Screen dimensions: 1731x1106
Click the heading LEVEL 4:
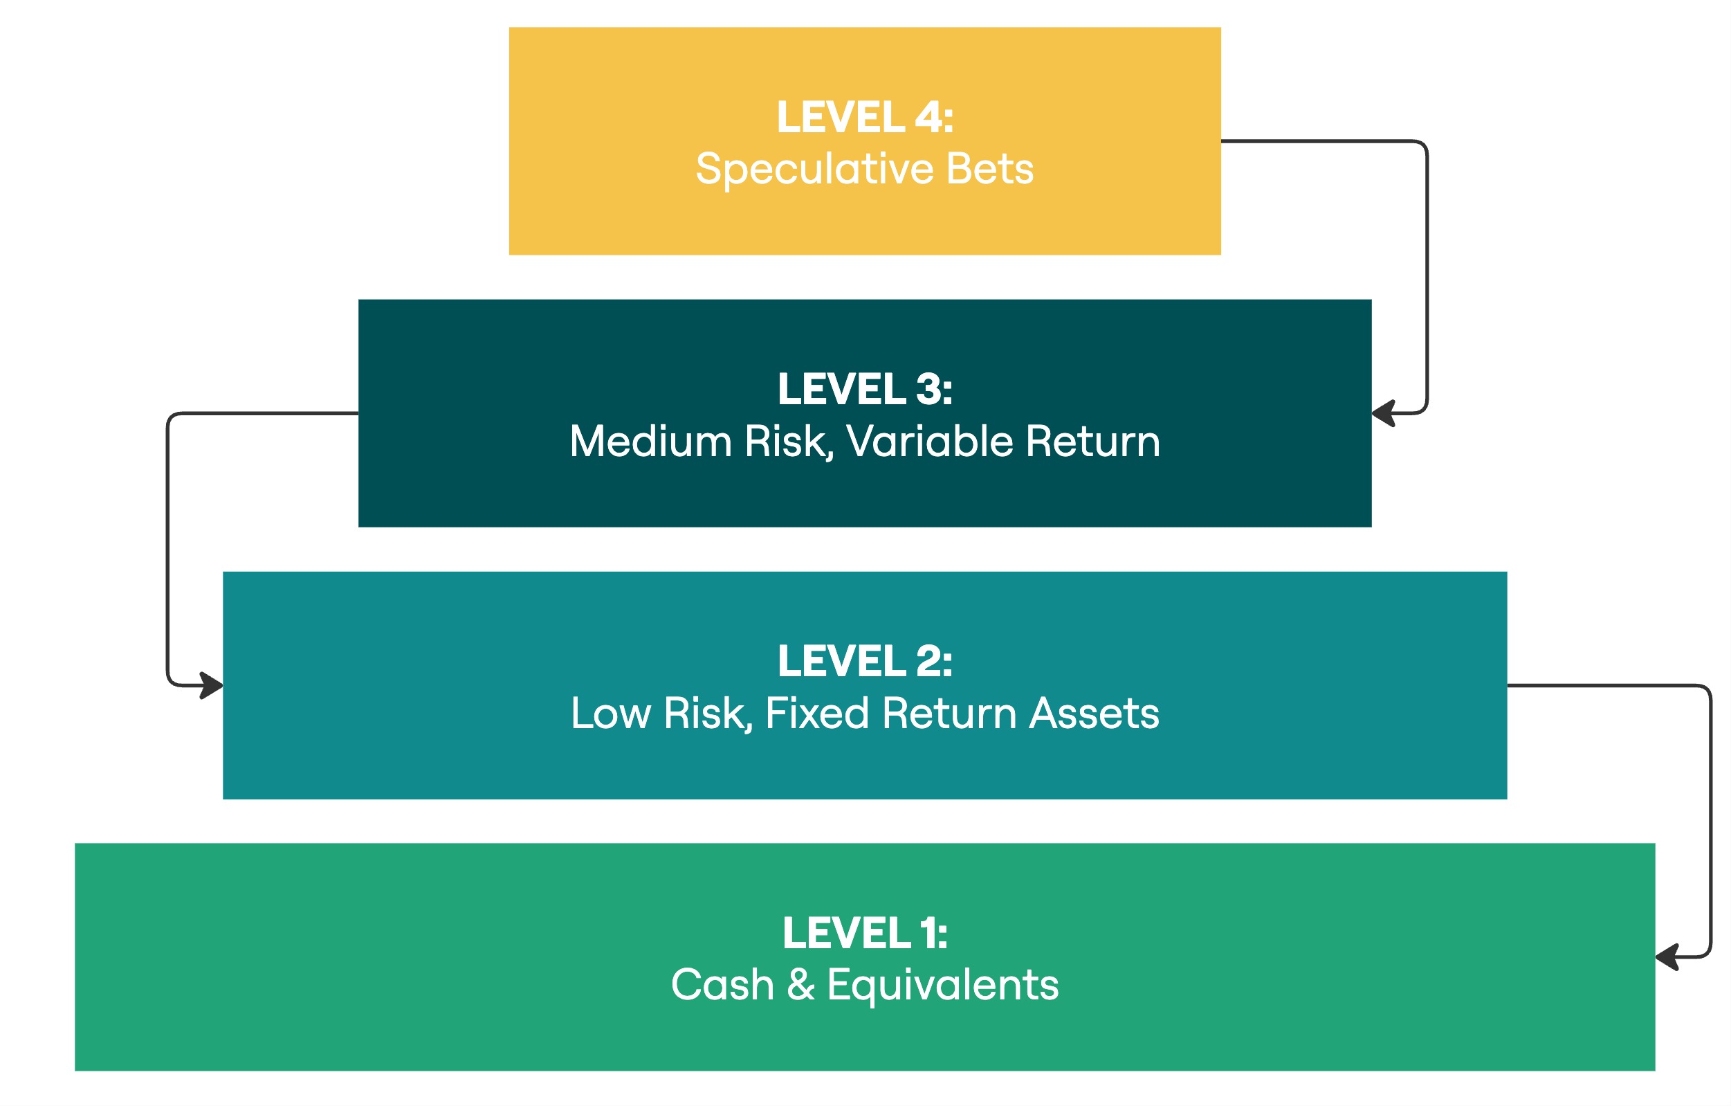coord(865,117)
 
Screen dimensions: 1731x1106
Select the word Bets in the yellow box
coord(991,169)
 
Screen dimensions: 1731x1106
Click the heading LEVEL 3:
coord(865,389)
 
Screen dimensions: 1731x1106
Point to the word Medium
coord(651,441)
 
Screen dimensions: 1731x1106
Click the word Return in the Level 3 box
coord(1093,441)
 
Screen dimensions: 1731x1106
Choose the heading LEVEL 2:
coord(865,661)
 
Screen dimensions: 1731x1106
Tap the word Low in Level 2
coord(611,714)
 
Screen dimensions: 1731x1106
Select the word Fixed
coord(817,714)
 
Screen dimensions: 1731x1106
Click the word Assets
coord(1094,714)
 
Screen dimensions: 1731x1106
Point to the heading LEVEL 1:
coord(865,933)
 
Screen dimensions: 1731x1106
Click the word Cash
coord(722,984)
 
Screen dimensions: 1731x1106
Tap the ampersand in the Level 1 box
coord(800,984)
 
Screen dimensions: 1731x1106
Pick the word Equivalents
coord(943,986)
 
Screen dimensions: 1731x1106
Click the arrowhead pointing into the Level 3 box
coord(1382,413)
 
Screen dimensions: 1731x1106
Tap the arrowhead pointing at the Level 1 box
coord(1666,957)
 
